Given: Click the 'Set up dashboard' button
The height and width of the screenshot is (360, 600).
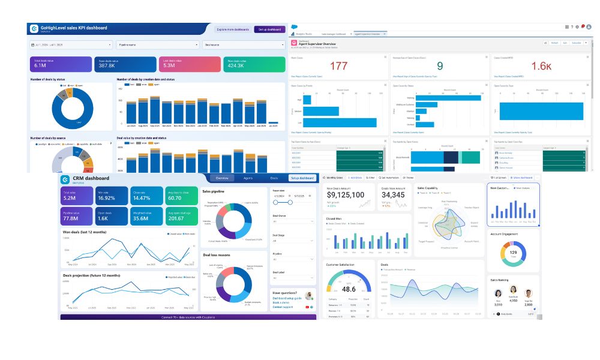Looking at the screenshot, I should [x=269, y=29].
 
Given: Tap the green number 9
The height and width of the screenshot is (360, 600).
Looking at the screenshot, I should [x=440, y=66].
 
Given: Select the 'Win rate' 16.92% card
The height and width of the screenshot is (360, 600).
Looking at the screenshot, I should [x=112, y=196].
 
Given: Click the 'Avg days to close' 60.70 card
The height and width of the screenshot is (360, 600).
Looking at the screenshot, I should [x=180, y=196].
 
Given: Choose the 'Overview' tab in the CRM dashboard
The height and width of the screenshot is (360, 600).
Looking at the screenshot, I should [x=222, y=178].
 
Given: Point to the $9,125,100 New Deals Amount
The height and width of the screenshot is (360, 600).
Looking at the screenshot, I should [x=345, y=195].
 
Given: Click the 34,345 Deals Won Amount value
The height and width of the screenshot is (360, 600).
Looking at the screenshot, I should [x=393, y=195].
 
